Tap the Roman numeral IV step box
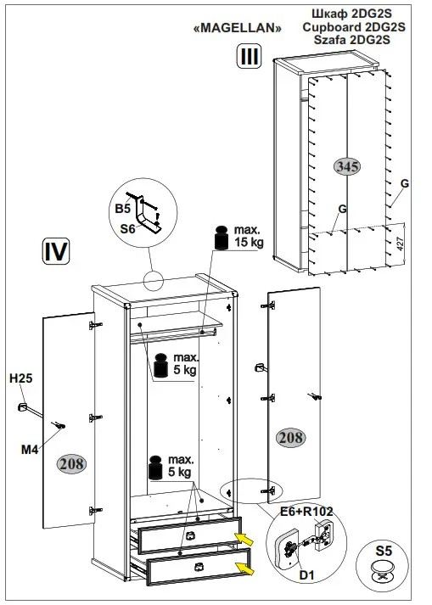(55, 252)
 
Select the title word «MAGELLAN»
(238, 28)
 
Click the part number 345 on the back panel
(347, 166)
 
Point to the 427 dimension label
(398, 245)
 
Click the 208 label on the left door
(71, 462)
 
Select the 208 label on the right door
(291, 437)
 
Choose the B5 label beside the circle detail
(122, 207)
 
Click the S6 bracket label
(127, 227)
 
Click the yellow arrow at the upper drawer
(245, 538)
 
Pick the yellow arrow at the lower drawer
(244, 563)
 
